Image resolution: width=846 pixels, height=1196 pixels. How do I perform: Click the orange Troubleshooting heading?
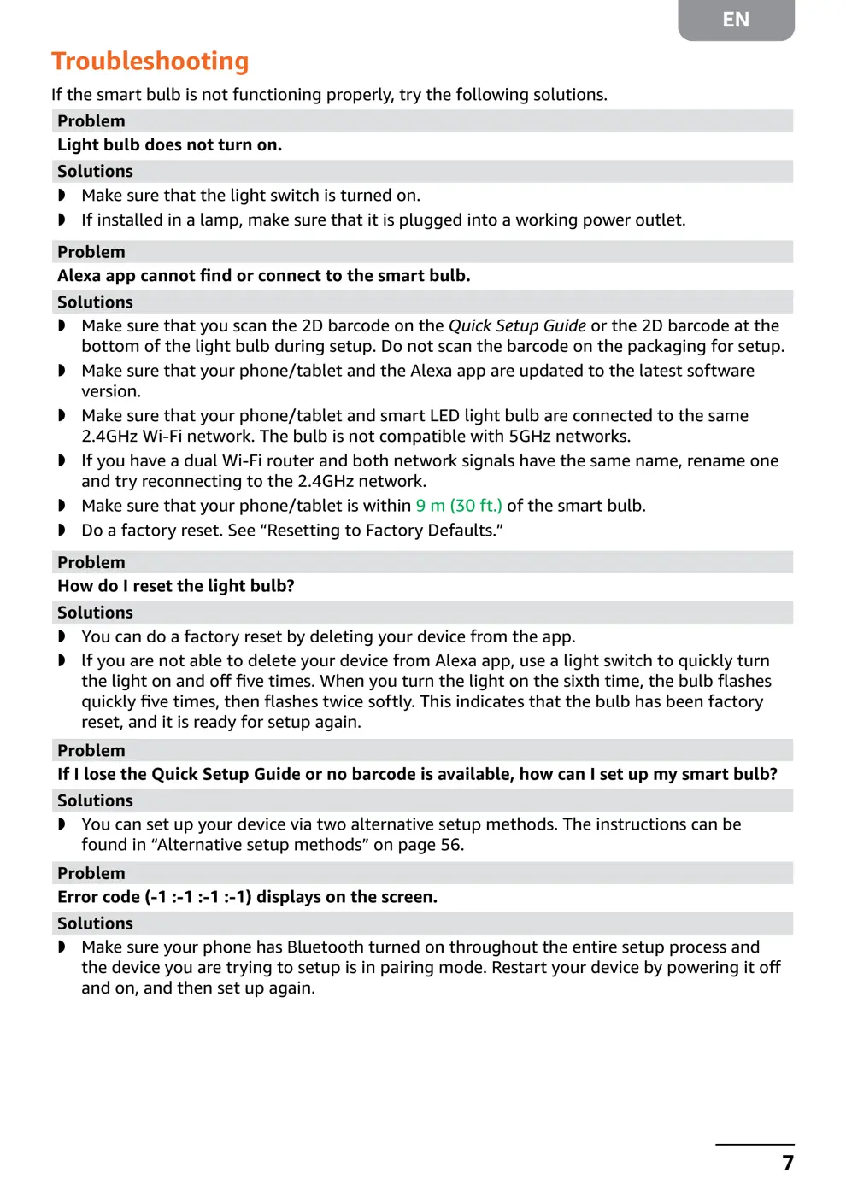coord(150,62)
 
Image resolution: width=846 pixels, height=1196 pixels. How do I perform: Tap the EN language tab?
coord(735,20)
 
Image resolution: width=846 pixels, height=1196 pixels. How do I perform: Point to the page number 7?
coord(787,1163)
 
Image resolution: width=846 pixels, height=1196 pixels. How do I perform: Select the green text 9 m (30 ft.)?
coord(459,506)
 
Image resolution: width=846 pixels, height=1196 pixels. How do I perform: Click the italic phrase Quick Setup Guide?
coord(517,325)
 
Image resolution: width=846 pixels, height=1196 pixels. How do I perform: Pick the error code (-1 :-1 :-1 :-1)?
coord(197,897)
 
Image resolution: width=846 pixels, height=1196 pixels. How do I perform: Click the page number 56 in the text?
coord(450,845)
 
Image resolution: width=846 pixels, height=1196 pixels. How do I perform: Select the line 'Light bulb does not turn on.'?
coord(169,144)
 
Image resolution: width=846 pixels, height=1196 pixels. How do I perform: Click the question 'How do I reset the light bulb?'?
coord(175,586)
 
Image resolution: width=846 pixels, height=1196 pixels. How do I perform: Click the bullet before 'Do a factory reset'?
coord(62,531)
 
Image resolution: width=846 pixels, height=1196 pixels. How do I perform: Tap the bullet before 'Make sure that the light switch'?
coord(62,196)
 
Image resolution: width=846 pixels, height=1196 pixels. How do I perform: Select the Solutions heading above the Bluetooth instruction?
coord(95,923)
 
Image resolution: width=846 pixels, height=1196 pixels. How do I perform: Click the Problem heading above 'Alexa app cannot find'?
coord(91,252)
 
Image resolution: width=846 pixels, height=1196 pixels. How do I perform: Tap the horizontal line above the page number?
coord(755,1144)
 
